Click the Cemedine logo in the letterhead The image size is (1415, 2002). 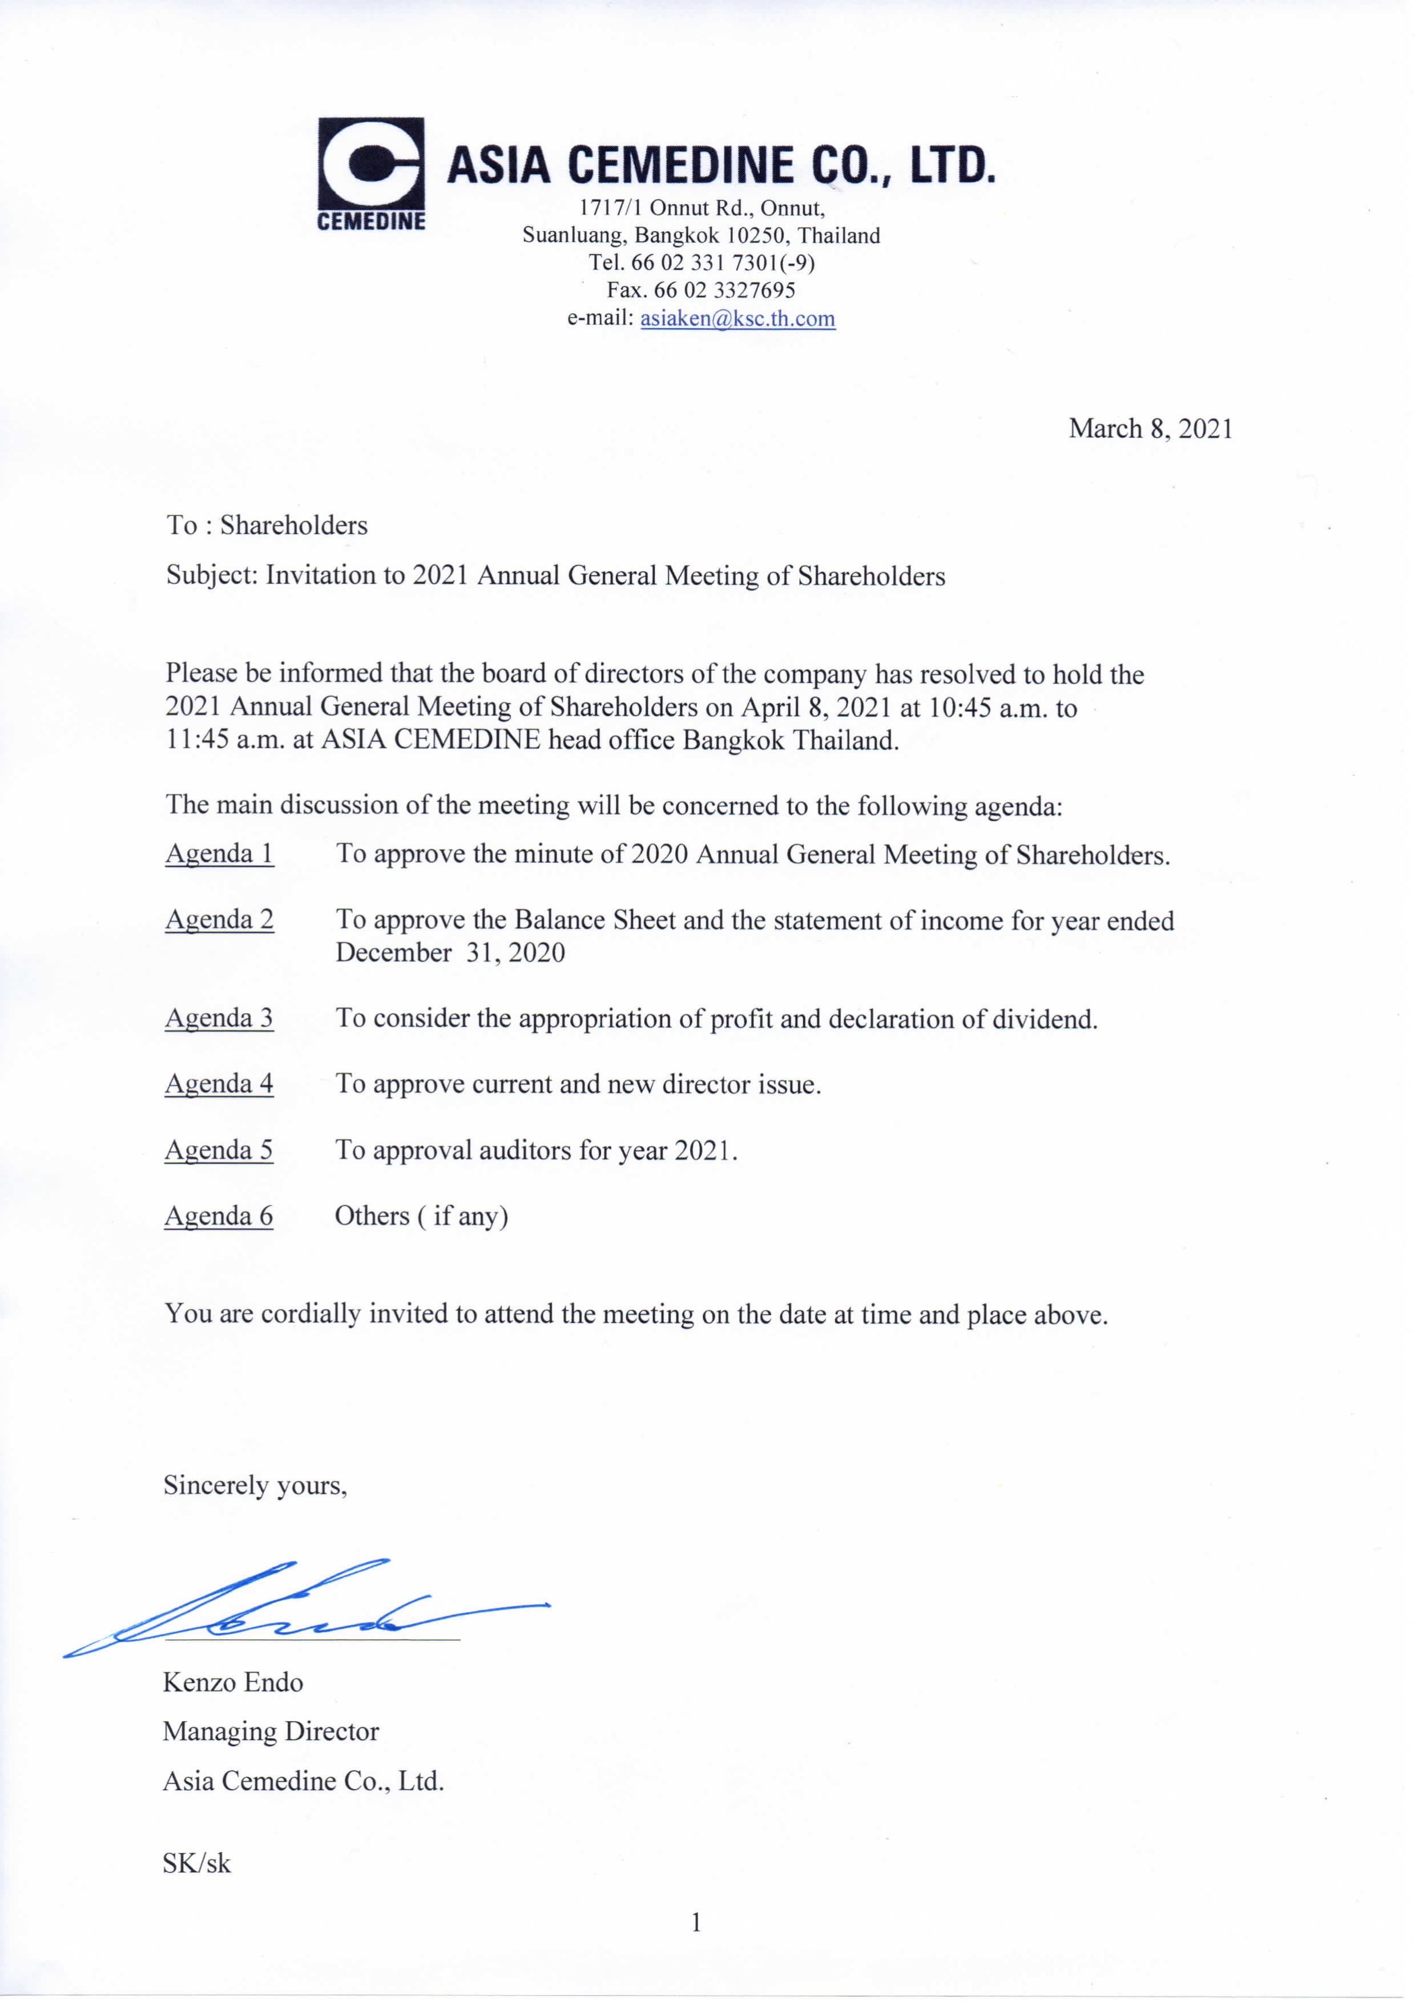coord(370,173)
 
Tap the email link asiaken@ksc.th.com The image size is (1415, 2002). coord(737,318)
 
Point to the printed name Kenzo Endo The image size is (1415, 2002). coord(233,1682)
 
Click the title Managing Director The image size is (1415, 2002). coord(270,1731)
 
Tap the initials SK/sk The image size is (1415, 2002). coord(196,1863)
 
